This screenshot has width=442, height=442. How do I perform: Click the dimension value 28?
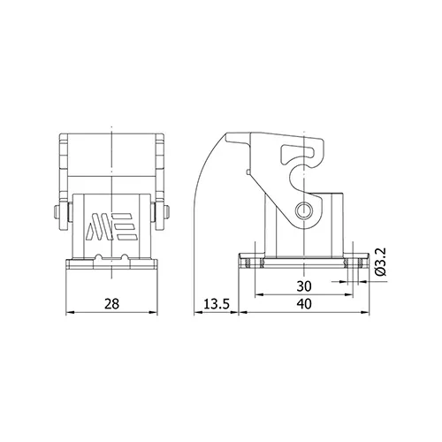tap(111, 304)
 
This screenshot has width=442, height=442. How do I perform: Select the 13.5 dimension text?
tap(217, 304)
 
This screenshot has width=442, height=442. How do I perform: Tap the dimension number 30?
tap(304, 286)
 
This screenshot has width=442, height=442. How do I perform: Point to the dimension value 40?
tap(304, 304)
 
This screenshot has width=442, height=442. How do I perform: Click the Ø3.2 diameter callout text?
tap(380, 262)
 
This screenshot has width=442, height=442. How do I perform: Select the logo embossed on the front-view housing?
tap(110, 226)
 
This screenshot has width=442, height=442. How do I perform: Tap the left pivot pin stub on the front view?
tap(57, 212)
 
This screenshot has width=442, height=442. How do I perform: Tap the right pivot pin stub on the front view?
tap(167, 212)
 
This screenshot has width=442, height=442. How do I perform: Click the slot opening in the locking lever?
tap(298, 153)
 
